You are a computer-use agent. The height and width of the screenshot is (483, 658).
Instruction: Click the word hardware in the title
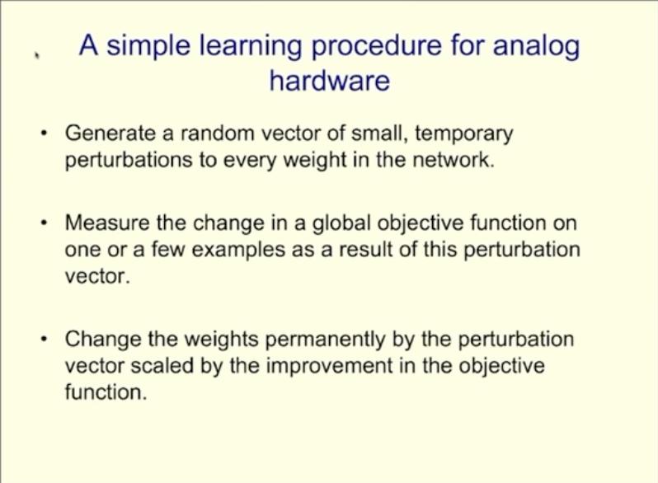click(x=330, y=80)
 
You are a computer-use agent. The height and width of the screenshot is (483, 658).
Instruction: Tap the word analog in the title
click(x=536, y=48)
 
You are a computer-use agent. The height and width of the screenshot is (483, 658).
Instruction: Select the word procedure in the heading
click(x=377, y=48)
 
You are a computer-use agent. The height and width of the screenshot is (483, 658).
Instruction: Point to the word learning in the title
click(x=250, y=48)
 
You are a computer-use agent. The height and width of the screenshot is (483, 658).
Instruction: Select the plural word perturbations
click(x=129, y=161)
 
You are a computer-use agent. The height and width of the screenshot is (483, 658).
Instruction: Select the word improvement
click(x=330, y=367)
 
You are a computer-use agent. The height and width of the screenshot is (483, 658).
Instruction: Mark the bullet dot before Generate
click(x=43, y=134)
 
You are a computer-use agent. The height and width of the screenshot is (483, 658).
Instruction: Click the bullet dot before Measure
click(x=43, y=223)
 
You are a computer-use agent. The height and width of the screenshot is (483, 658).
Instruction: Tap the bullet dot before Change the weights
click(x=43, y=339)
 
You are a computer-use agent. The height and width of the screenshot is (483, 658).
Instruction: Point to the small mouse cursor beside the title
click(x=37, y=55)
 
